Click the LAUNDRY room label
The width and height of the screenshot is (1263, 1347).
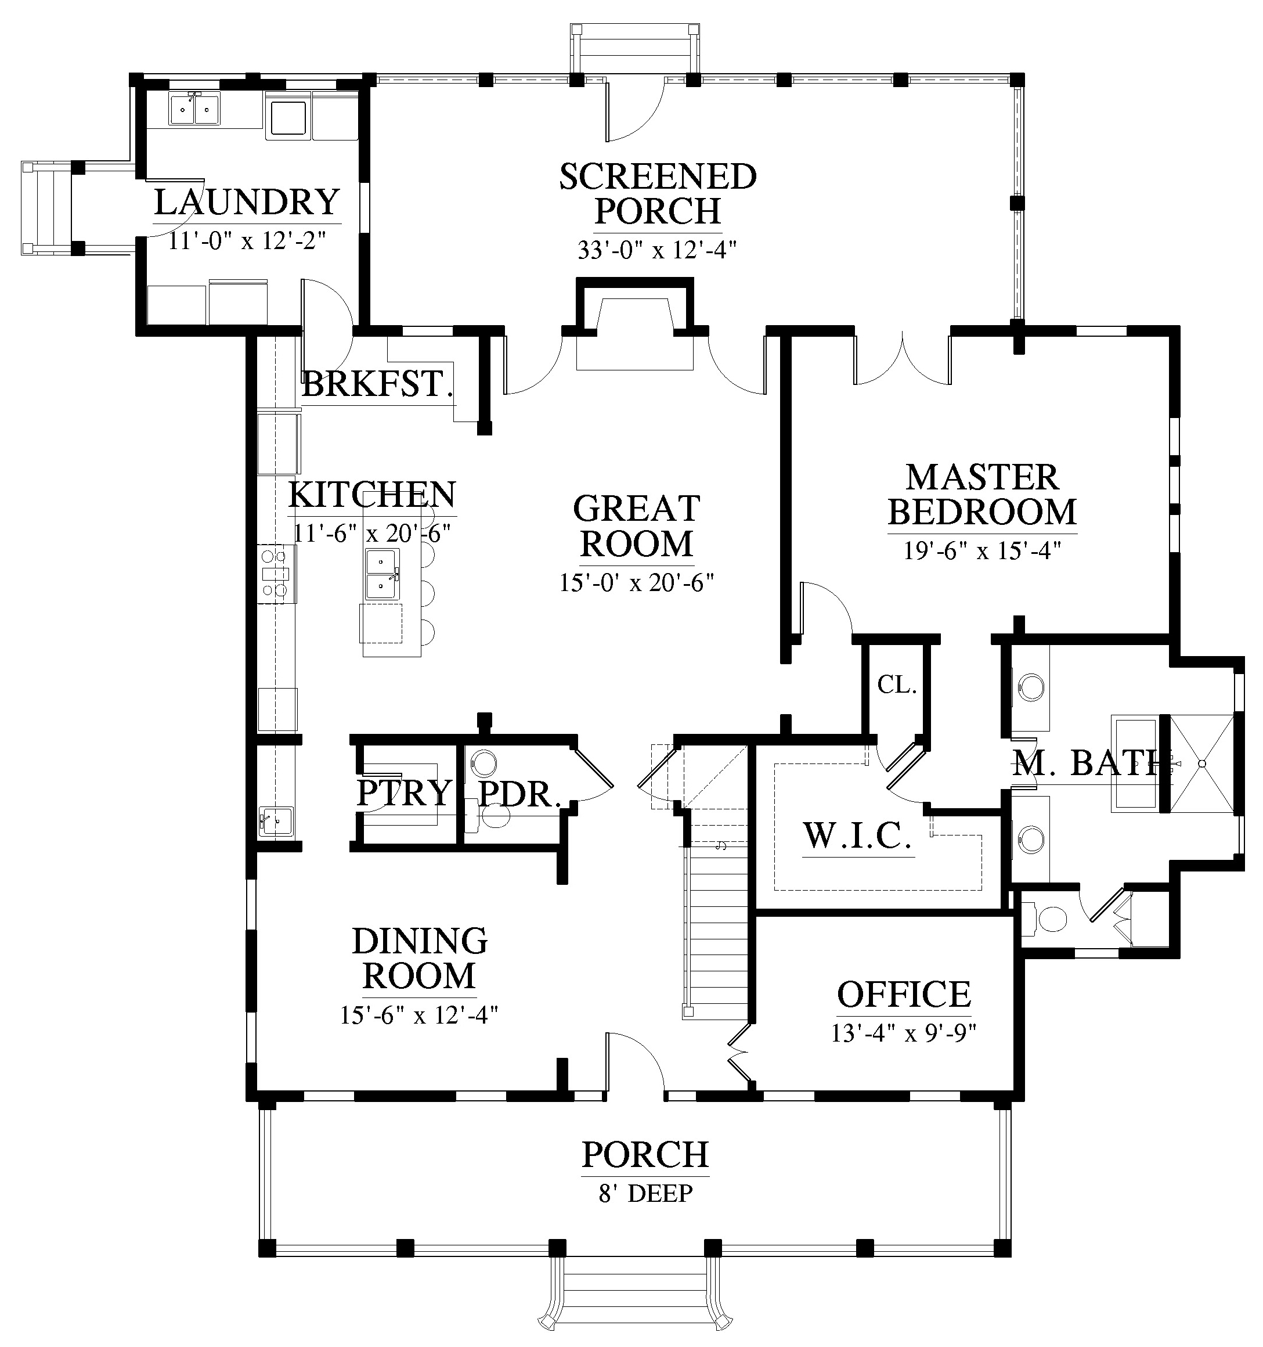click(x=247, y=201)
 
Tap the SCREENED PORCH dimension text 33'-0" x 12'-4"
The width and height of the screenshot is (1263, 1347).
click(x=657, y=251)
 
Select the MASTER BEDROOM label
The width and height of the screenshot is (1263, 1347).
click(x=982, y=495)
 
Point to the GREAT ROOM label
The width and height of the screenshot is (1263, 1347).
click(x=637, y=527)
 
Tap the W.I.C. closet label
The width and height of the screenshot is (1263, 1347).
click(x=858, y=835)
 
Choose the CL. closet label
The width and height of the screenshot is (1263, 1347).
click(x=897, y=685)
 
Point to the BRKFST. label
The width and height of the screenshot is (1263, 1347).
click(x=377, y=384)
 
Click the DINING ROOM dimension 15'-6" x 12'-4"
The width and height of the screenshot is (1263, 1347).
click(x=419, y=1015)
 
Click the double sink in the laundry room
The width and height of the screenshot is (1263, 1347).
click(x=194, y=109)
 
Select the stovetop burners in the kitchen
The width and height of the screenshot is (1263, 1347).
click(x=275, y=573)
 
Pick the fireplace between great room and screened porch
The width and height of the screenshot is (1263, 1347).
click(x=634, y=325)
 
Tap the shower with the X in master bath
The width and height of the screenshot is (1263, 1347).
click(x=1202, y=763)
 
